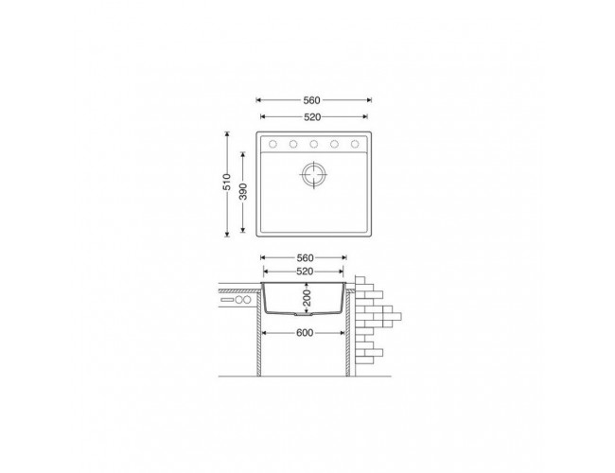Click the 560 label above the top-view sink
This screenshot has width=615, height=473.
312,100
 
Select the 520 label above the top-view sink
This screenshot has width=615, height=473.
312,117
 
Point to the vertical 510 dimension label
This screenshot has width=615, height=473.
227,182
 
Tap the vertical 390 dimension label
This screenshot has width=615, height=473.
243,191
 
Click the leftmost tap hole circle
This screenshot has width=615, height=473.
272,145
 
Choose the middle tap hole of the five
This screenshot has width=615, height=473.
314,145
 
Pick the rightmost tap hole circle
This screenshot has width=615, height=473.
355,145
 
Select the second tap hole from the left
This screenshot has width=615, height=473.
293,145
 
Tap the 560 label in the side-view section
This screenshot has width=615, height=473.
306,258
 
